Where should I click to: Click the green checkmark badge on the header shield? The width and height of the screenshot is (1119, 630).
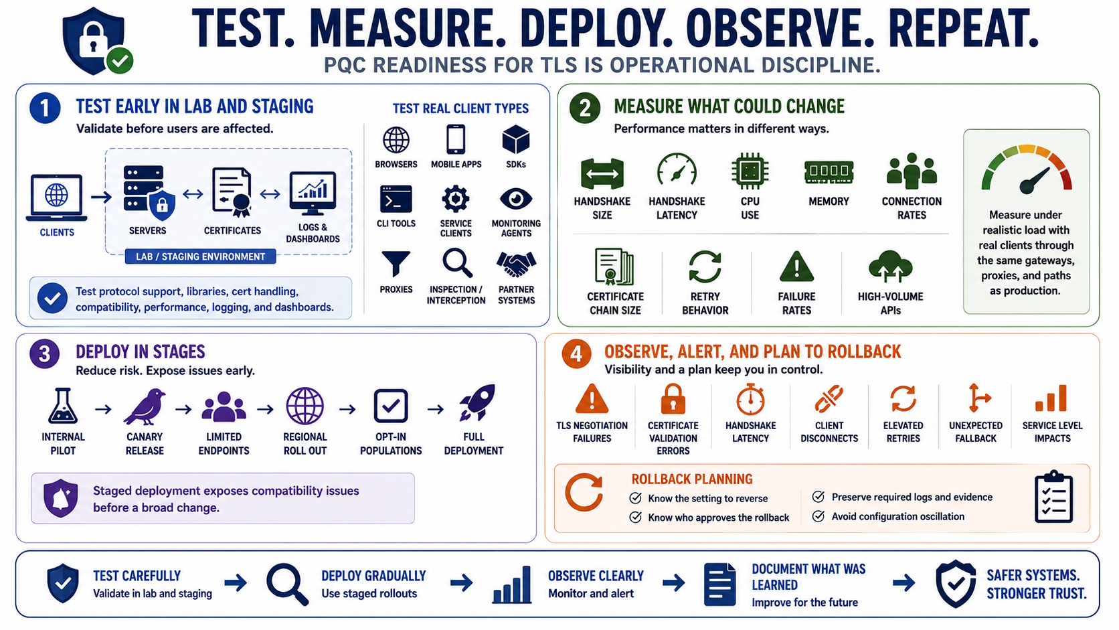(119, 60)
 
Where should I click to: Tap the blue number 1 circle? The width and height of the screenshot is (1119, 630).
(45, 108)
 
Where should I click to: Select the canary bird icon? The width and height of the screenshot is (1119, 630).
(145, 406)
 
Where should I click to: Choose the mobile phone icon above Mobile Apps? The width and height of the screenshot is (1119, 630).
(456, 139)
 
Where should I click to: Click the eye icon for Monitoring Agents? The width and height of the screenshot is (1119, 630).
(516, 200)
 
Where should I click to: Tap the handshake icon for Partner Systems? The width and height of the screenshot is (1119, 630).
(516, 264)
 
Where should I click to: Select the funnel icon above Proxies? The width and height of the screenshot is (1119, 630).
(396, 263)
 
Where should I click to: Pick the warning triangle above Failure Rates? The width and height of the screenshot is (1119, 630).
(797, 266)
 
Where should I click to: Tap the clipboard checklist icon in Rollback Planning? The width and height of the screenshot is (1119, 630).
(1053, 497)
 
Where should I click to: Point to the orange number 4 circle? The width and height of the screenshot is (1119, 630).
(576, 353)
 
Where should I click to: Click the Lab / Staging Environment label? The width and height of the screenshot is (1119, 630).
(200, 256)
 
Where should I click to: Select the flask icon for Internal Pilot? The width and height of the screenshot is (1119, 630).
(63, 406)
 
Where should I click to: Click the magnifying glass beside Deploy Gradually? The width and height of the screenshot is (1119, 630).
(286, 584)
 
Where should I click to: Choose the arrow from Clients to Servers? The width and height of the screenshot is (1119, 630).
(101, 197)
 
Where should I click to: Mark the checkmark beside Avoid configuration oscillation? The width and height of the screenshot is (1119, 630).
(819, 516)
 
